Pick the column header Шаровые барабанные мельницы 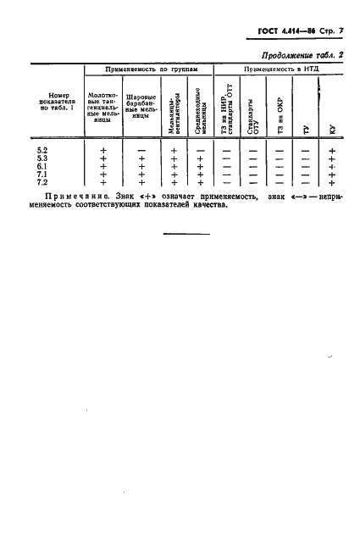pyautogui.click(x=141, y=109)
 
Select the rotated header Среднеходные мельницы pyautogui.click(x=198, y=110)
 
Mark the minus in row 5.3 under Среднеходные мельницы pyautogui.click(x=200, y=158)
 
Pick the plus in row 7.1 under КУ pyautogui.click(x=332, y=175)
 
